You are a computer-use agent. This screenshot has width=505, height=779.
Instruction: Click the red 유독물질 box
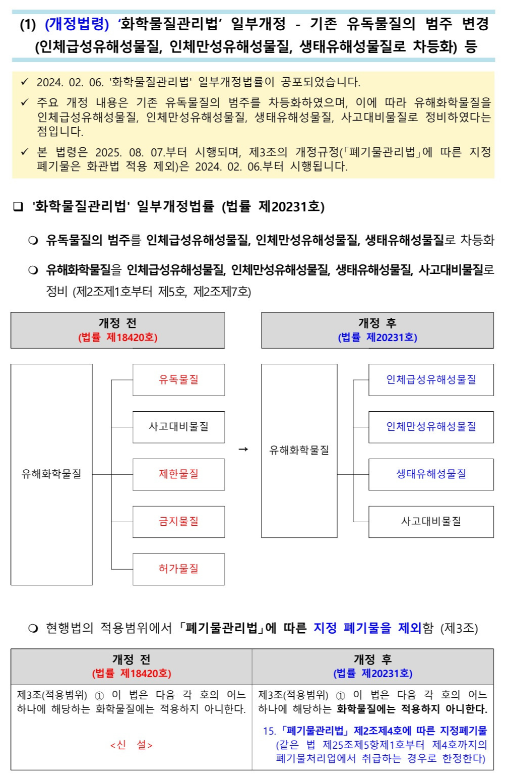pos(178,379)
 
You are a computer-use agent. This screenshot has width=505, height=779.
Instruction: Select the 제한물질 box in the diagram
pos(178,474)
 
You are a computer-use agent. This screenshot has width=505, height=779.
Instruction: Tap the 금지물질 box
pos(178,522)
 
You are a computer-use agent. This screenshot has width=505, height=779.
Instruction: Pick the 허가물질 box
pos(178,569)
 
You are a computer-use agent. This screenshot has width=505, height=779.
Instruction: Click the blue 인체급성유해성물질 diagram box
pos(431,379)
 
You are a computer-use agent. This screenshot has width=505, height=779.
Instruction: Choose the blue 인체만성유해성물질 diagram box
pos(431,427)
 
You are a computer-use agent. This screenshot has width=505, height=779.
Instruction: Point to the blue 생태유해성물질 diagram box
pos(431,474)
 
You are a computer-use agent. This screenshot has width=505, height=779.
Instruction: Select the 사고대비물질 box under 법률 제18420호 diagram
pos(178,427)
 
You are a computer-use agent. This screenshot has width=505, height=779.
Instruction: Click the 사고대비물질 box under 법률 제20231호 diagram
pos(431,522)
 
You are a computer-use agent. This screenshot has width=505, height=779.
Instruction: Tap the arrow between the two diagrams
pos(243,450)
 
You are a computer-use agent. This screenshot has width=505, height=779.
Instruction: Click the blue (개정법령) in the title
pos(77,24)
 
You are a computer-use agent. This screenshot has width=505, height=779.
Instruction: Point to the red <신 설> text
pos(131,745)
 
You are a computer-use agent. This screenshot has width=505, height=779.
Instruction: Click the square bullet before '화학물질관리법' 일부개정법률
pos(18,207)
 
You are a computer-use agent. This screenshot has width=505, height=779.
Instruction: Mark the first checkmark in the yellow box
pos(25,82)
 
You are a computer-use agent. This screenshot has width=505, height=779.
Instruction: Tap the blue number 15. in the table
pos(269,731)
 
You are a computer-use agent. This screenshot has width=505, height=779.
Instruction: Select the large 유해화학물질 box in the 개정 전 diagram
pos(51,474)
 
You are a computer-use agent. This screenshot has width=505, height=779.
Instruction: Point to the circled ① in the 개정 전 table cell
pos(99,696)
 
